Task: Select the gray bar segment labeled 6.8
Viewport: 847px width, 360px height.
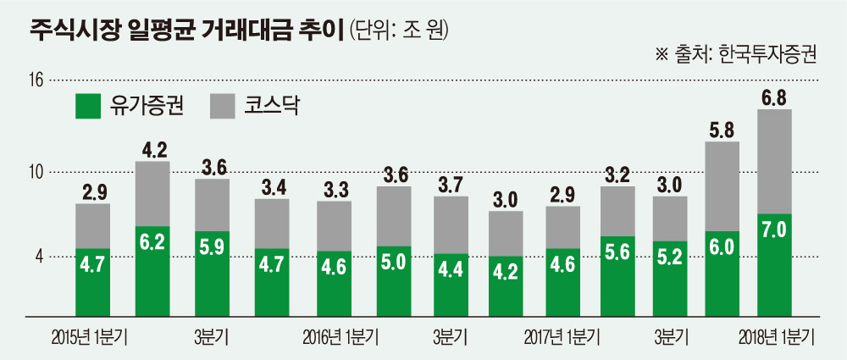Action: (x=773, y=161)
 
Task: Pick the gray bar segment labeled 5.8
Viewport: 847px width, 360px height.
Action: (x=722, y=186)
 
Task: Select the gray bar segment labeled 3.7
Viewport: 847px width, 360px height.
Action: (x=451, y=224)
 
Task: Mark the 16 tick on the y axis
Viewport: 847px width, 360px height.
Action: (x=35, y=81)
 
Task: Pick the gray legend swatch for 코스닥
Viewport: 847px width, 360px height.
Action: (x=222, y=105)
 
